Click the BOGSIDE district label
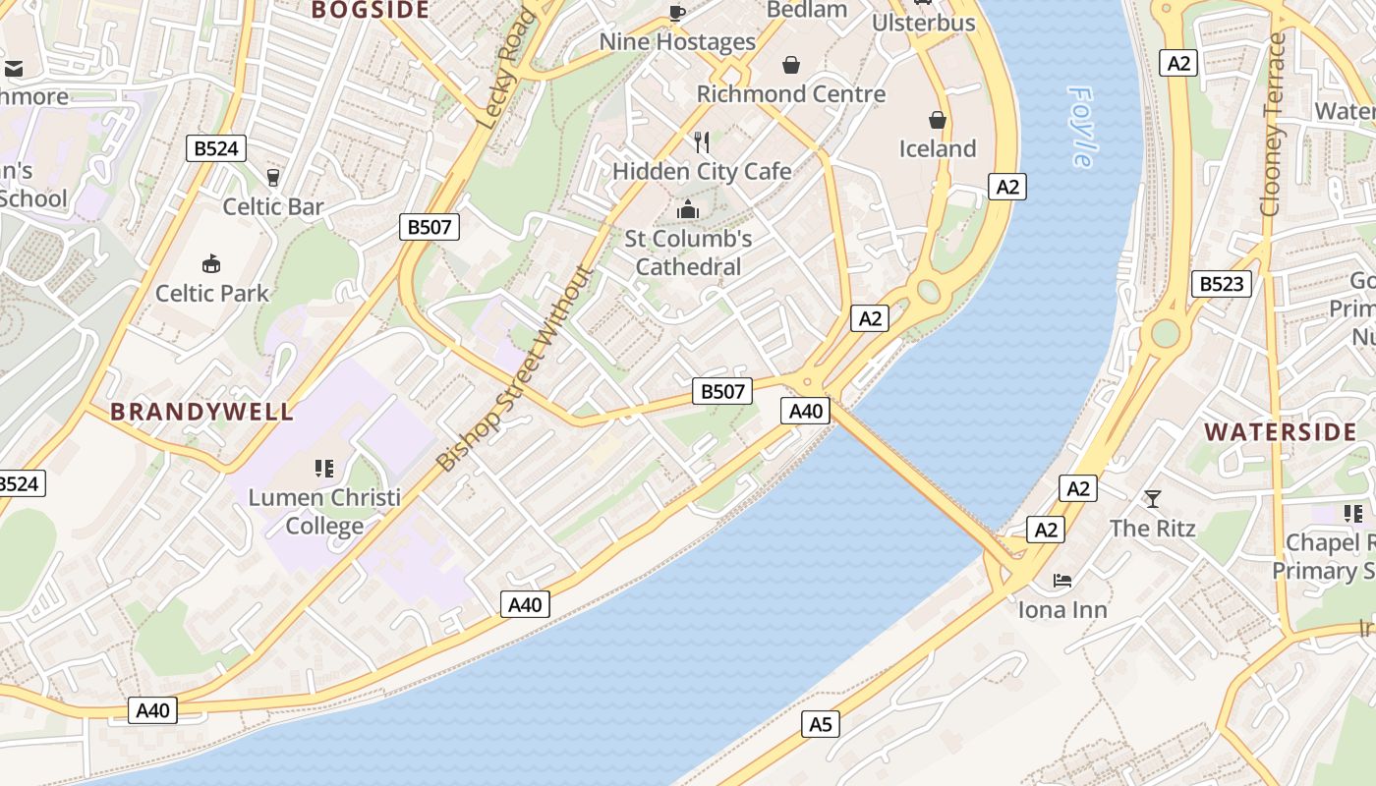(x=371, y=11)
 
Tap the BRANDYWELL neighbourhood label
(x=201, y=412)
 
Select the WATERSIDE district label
(x=1281, y=432)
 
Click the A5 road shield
(x=820, y=725)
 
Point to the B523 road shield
(x=1222, y=285)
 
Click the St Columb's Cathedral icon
(x=688, y=209)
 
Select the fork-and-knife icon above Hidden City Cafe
(x=702, y=142)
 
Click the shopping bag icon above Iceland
(x=938, y=120)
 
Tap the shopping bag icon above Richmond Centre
(x=791, y=66)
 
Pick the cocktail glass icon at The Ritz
(x=1152, y=499)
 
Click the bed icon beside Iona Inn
(x=1062, y=581)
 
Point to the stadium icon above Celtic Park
(x=211, y=263)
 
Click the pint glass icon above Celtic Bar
(x=273, y=178)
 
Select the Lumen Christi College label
(x=324, y=511)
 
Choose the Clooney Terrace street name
(x=1274, y=125)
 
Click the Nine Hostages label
(x=677, y=42)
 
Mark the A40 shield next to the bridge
(x=806, y=411)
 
